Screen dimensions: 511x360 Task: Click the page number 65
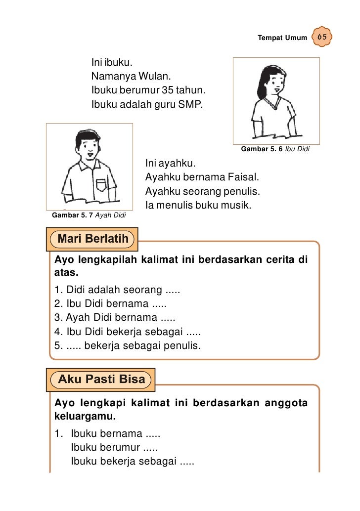coord(322,38)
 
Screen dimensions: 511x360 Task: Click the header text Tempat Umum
coord(282,38)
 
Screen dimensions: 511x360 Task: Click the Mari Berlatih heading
coord(93,239)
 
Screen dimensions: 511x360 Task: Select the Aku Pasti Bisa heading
coord(101,380)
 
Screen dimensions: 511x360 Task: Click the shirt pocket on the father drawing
coord(101,184)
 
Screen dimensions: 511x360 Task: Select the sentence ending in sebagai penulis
coord(128,345)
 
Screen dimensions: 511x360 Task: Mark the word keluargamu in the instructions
coord(85,416)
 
